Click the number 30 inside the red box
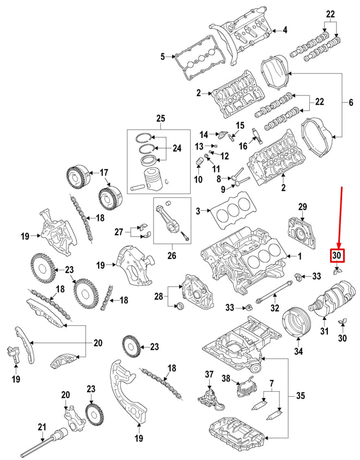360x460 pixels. [x=337, y=255]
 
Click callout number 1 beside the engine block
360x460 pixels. [x=297, y=256]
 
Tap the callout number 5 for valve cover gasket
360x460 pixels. [x=162, y=56]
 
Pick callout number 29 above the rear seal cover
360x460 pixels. [x=303, y=206]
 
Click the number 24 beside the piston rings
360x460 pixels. [x=177, y=148]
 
